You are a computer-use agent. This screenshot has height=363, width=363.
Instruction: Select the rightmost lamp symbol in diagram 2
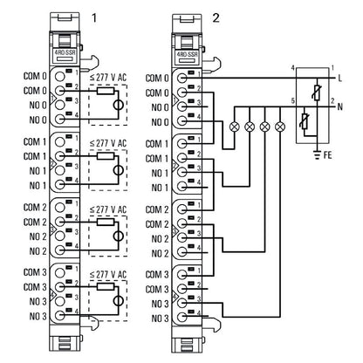point(279,126)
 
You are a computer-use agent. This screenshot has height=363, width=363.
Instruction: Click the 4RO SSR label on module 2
point(187,53)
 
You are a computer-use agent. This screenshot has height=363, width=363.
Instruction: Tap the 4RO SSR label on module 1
point(64,53)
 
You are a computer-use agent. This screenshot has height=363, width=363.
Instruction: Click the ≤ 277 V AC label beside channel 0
point(108,76)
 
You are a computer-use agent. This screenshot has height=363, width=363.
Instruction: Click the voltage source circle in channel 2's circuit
point(120,236)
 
